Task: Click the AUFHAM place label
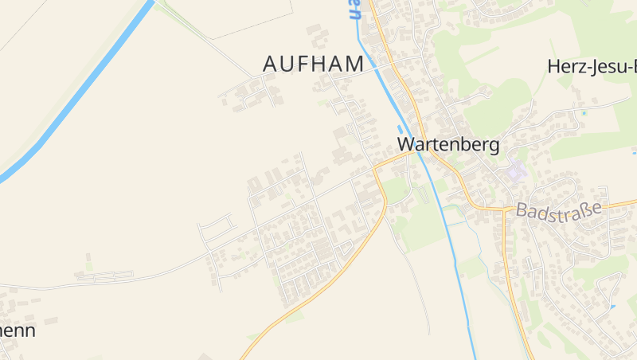(313, 64)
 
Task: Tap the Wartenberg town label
(448, 144)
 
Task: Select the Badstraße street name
(557, 209)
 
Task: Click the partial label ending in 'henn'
(18, 330)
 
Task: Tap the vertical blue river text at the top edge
(354, 10)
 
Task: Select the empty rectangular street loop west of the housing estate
(217, 231)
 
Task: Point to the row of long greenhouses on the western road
(104, 276)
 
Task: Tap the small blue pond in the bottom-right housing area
(612, 307)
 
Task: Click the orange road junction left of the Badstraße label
(504, 209)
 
